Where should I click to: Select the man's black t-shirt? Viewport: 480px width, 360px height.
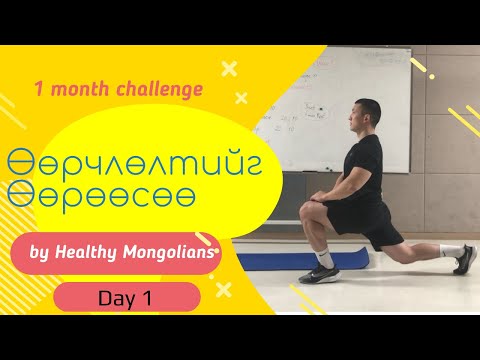coord(357,165)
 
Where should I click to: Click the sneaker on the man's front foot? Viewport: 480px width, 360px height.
coord(323,274)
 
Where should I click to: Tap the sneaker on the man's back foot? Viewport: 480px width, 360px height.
coord(465,260)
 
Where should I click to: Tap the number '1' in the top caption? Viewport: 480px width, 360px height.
coord(38,89)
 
